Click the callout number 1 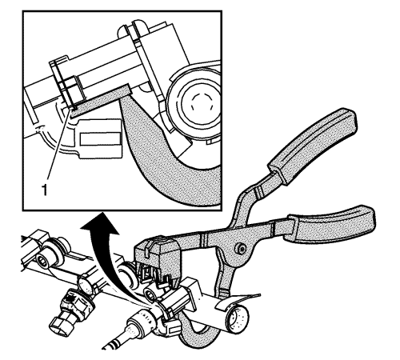[x=45, y=190]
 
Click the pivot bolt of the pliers [x=240, y=250]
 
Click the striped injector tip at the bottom [x=114, y=345]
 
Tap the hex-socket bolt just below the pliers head [x=150, y=294]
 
